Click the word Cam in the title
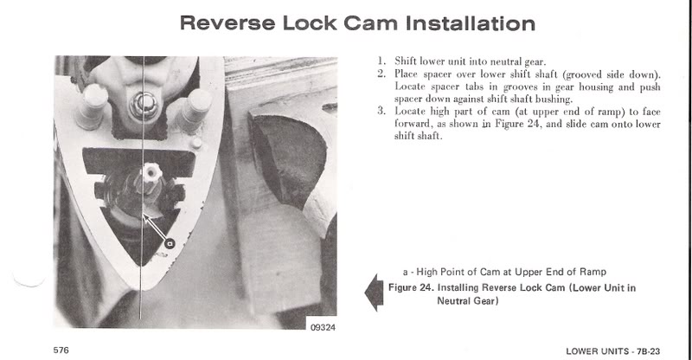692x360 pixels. tap(371, 23)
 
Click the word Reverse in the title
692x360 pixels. tap(227, 23)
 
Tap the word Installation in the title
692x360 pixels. tap(471, 23)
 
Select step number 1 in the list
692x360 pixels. tap(381, 61)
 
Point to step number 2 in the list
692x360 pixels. tap(381, 74)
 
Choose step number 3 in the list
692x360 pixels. tap(381, 111)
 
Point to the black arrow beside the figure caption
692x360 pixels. tap(374, 292)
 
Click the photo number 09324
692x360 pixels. tap(323, 327)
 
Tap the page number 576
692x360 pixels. tap(61, 350)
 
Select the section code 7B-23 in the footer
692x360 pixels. tap(648, 351)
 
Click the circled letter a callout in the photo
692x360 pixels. tap(170, 243)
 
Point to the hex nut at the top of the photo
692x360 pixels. tap(144, 106)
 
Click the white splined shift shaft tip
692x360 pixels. tap(151, 173)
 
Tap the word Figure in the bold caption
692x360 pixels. tap(402, 288)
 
